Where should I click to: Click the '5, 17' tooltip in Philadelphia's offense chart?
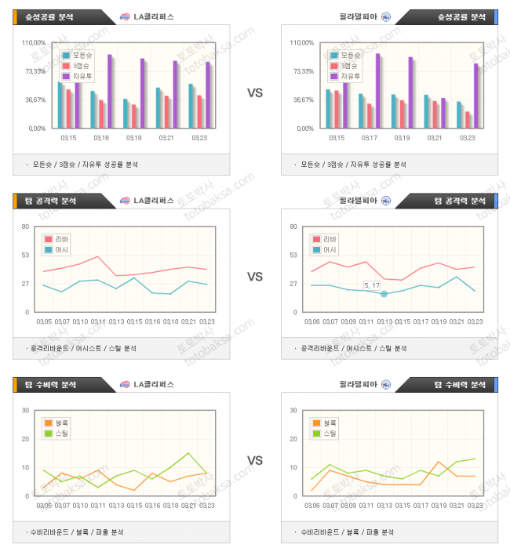pyautogui.click(x=372, y=285)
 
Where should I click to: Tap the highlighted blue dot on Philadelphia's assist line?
pyautogui.click(x=384, y=293)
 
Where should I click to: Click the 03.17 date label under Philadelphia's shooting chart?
pyautogui.click(x=369, y=138)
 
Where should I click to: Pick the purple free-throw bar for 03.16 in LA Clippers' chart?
pyautogui.click(x=110, y=90)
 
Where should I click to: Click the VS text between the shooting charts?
pyautogui.click(x=255, y=92)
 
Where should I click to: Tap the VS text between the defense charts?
pyautogui.click(x=255, y=460)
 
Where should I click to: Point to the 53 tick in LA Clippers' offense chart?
pyautogui.click(x=25, y=255)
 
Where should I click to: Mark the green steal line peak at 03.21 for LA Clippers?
pyautogui.click(x=188, y=453)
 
